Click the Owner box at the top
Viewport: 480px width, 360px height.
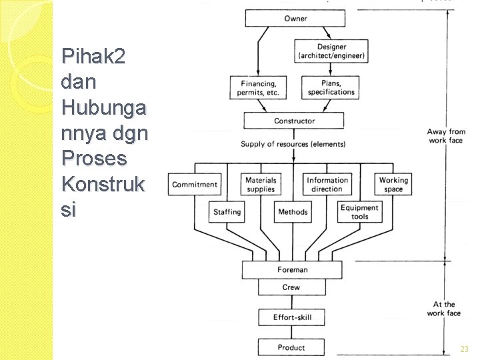295,19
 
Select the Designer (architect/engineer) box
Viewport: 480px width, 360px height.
331,51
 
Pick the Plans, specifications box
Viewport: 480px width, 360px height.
331,88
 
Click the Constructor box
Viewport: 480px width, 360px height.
294,121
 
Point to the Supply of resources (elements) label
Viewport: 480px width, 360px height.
293,144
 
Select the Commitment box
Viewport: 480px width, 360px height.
195,185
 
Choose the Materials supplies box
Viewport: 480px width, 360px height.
260,185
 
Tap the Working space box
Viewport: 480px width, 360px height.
393,185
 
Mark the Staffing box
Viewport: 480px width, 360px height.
227,212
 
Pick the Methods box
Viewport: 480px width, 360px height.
293,212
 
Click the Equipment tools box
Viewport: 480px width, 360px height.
359,212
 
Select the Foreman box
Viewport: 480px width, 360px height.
293,270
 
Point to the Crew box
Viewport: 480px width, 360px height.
291,287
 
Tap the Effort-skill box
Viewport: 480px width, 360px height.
291,317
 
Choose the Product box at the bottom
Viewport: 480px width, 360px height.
291,347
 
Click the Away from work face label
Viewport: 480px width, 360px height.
446,137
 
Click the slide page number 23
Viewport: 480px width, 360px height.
464,349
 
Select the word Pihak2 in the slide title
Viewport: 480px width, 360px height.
93,57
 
